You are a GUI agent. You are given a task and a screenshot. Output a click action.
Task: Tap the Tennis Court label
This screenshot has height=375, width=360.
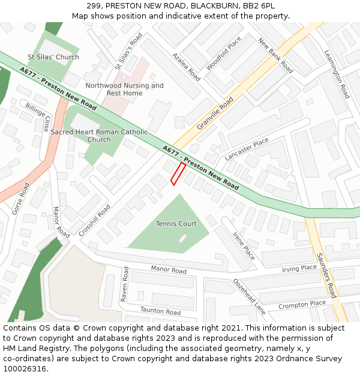[176, 224]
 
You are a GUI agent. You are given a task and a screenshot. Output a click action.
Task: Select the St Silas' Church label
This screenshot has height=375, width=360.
[53, 58]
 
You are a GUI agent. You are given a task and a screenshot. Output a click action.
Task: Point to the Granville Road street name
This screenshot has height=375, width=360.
[215, 113]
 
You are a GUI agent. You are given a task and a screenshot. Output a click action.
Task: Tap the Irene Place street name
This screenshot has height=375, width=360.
[244, 246]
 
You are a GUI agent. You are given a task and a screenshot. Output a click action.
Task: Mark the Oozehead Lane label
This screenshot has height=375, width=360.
[249, 296]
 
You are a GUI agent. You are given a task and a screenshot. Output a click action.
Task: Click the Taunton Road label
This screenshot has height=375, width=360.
[160, 311]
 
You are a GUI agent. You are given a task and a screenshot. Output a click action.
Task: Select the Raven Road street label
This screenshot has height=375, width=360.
[125, 284]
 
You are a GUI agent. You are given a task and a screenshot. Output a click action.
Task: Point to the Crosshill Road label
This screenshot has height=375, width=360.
[94, 220]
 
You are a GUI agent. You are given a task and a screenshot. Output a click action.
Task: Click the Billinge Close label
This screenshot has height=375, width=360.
[38, 117]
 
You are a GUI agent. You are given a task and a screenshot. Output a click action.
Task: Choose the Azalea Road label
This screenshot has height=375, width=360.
[186, 67]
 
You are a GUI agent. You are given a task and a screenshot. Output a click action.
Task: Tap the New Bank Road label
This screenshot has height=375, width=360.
[275, 55]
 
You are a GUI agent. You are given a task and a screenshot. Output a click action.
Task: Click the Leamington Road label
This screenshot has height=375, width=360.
[337, 74]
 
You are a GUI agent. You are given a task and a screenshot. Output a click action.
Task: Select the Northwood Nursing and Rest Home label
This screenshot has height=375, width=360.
[124, 89]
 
